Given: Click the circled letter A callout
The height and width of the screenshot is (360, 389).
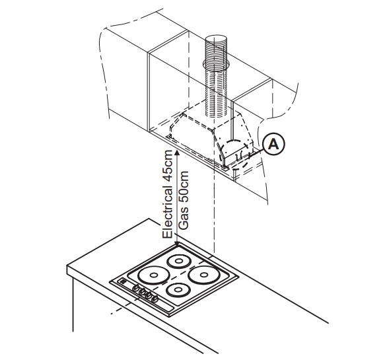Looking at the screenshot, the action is [x=273, y=144].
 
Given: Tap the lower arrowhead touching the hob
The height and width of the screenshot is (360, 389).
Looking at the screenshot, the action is [x=177, y=243].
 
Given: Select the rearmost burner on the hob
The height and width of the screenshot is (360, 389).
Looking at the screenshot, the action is [x=179, y=261].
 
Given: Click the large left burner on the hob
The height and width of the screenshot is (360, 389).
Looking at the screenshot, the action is [x=154, y=275].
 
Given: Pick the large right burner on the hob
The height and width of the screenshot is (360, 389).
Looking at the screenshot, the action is [x=204, y=274].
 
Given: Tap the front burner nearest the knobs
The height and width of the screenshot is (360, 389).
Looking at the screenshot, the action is [x=178, y=290].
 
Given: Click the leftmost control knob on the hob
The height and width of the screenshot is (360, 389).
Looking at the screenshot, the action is [x=136, y=288].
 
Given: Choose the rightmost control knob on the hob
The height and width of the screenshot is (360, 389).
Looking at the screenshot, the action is [x=155, y=299].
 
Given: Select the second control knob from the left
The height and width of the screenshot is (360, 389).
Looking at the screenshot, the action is [x=143, y=291].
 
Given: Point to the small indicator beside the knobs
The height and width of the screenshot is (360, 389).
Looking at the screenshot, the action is [x=123, y=281].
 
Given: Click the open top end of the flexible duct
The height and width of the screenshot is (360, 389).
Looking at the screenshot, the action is [x=216, y=40].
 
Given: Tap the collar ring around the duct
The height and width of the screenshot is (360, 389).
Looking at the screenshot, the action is [x=216, y=65].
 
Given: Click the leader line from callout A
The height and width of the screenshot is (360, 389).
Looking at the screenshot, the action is [x=256, y=153].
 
